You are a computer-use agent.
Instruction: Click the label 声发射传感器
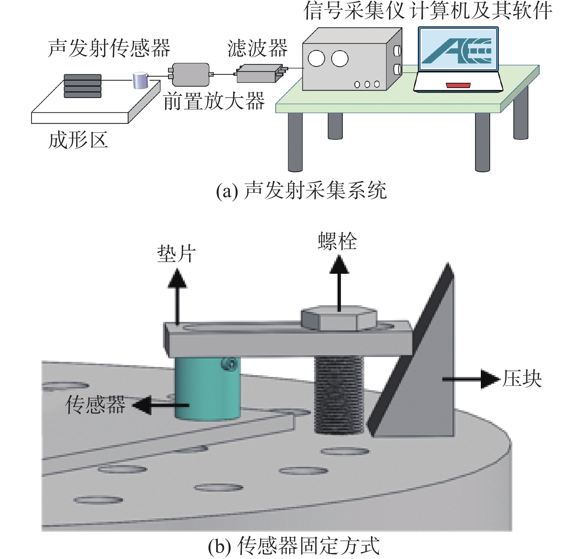point(109,48)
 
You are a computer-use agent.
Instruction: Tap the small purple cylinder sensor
point(140,80)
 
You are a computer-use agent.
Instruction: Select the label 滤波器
point(257,48)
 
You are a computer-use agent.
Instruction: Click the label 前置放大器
point(214,101)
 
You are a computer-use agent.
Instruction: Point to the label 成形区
point(78,140)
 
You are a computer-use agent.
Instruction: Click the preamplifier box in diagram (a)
point(191,74)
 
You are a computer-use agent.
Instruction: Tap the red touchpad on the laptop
point(458,85)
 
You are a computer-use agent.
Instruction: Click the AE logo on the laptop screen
point(458,51)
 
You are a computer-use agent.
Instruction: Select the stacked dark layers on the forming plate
point(83,86)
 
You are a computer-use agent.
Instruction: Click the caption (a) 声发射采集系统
point(301,191)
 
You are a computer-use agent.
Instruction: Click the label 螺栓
point(337,241)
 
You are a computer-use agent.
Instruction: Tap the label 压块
point(522,378)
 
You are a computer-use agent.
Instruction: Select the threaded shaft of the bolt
point(339,394)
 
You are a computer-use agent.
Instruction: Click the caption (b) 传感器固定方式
point(294,546)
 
